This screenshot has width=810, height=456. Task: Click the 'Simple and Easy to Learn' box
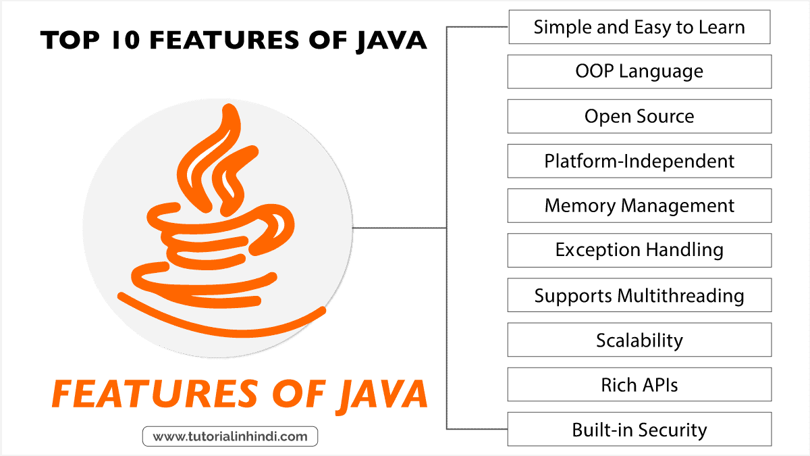tap(639, 27)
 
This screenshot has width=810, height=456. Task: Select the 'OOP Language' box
tap(639, 72)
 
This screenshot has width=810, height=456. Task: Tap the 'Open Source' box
tap(639, 116)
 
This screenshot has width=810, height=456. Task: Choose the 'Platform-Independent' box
tap(639, 161)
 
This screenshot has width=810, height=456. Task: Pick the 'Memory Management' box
tap(639, 205)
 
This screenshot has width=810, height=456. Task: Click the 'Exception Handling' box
tap(639, 251)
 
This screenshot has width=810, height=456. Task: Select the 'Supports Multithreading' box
tap(639, 295)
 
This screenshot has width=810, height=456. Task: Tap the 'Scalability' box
tap(639, 340)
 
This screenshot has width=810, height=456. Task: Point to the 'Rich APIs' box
tap(639, 384)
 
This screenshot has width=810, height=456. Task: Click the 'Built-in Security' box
tap(639, 429)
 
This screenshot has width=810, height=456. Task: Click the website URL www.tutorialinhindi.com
tap(230, 436)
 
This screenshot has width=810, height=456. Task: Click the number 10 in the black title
tap(126, 40)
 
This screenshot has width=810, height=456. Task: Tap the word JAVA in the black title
tap(392, 41)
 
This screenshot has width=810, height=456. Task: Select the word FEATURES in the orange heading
tap(155, 394)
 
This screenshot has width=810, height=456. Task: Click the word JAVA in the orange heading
tap(383, 396)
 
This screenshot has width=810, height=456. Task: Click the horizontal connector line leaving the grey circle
tap(400, 228)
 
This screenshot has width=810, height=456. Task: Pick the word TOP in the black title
tap(70, 40)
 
